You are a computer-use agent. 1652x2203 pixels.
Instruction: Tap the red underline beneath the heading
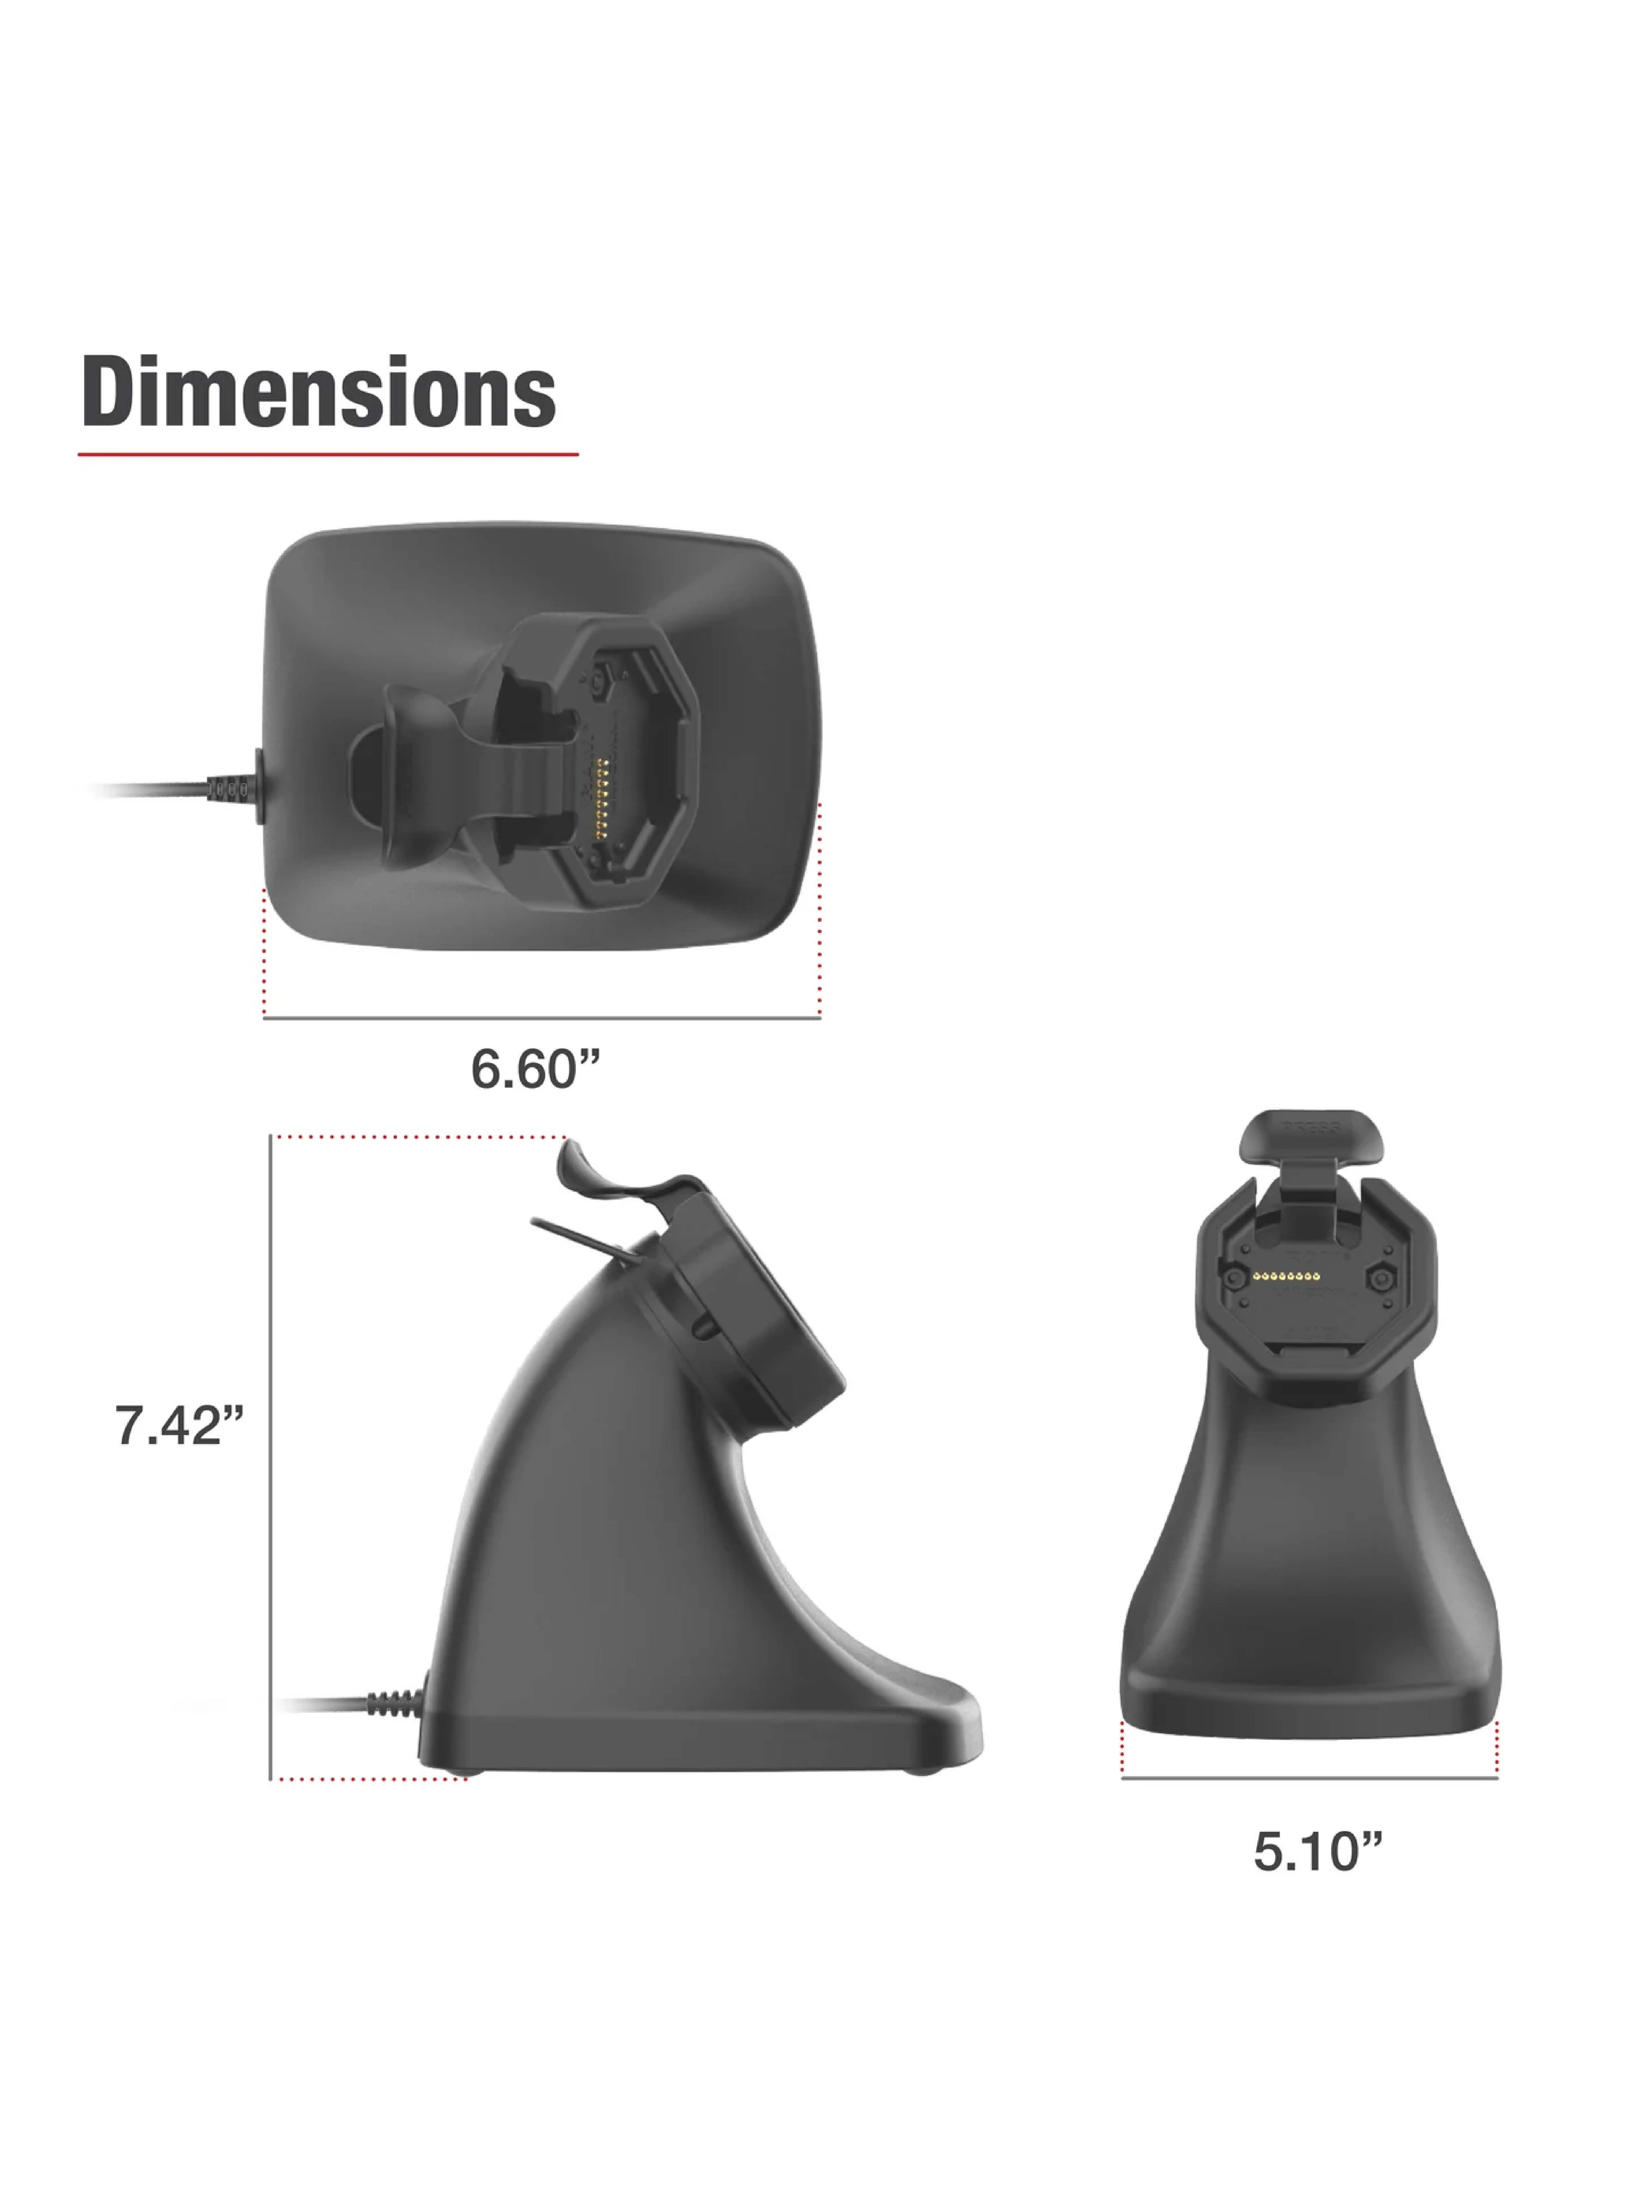tap(328, 454)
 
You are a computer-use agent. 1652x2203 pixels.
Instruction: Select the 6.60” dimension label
tap(536, 1070)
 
